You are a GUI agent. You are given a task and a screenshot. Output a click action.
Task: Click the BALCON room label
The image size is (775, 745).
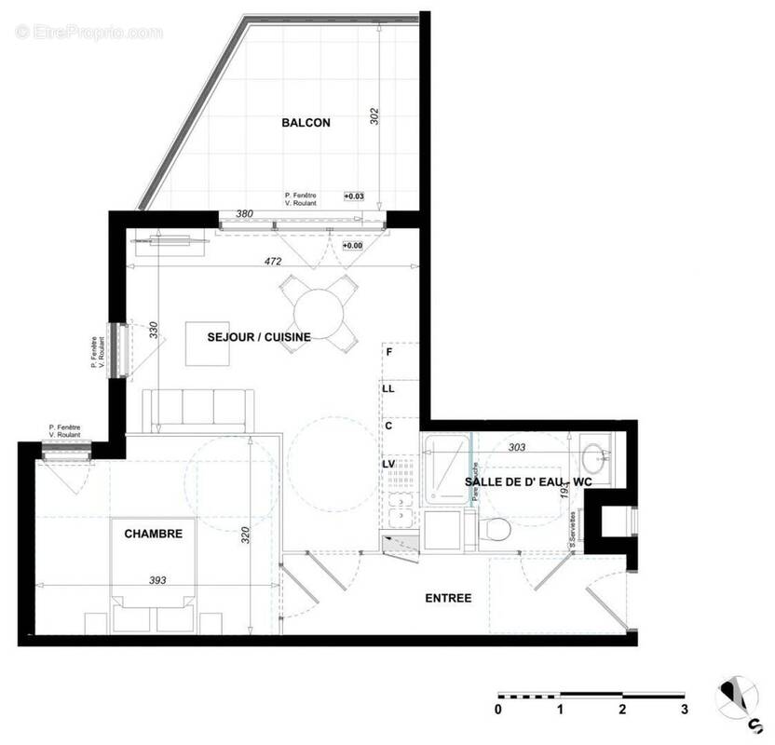[306, 122]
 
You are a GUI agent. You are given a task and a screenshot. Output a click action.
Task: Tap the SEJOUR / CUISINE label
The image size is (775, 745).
[258, 337]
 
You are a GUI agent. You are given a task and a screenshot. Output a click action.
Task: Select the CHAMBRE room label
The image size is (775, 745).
[153, 534]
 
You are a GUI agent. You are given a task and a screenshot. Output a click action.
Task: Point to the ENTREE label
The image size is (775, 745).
[448, 598]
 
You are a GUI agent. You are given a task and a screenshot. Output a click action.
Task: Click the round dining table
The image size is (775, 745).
[319, 312]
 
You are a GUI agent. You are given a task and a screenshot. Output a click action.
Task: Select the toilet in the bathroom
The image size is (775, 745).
[496, 529]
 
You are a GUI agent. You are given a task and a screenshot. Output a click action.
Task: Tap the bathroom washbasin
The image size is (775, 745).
[594, 459]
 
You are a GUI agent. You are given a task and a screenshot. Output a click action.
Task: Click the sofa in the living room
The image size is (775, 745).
[197, 410]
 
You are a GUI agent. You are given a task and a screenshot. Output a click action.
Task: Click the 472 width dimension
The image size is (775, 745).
[273, 262]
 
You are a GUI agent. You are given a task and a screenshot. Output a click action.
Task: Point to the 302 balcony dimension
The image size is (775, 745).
[374, 116]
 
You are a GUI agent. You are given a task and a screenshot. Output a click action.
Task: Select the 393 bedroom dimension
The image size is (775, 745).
[157, 580]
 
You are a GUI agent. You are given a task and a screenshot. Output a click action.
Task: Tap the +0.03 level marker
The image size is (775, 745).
[354, 196]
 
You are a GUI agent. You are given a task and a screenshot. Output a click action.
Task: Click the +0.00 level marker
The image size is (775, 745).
[352, 245]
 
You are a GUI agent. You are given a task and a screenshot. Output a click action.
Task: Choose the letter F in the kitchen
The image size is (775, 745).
[389, 352]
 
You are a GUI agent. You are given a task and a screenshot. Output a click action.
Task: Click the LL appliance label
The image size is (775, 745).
[389, 388]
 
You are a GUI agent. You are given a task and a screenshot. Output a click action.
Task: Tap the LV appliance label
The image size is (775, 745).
[389, 463]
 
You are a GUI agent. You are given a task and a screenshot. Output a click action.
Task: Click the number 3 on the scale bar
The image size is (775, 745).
[684, 710]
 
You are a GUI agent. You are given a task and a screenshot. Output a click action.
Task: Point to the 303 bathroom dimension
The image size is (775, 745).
[517, 447]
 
